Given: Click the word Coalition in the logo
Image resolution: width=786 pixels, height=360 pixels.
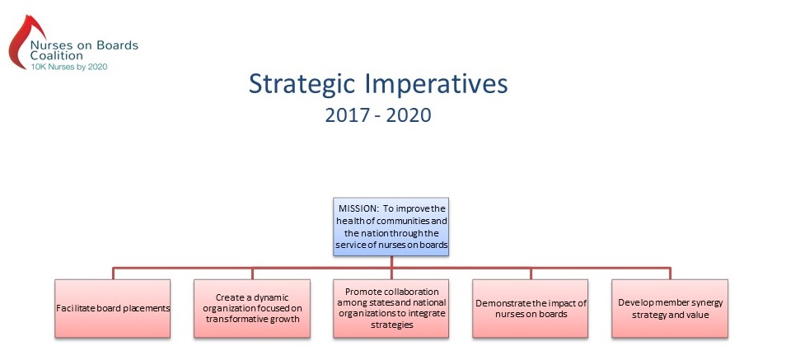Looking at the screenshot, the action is coord(57,56).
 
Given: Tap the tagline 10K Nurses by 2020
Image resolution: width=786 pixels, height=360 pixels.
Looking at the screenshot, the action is coord(69,66).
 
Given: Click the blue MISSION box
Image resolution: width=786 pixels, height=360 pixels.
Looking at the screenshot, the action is coord(391,227).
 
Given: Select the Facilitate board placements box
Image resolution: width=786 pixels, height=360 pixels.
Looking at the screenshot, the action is coord(112,308).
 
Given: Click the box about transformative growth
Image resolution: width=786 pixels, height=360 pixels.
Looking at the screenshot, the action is coord(252,308).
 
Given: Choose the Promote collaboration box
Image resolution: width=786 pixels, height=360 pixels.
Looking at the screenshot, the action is coord(391,308).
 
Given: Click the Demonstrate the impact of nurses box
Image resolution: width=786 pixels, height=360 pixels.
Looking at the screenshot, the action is coord(531,308).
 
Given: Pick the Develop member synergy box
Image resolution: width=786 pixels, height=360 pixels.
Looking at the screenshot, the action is coord(670,308).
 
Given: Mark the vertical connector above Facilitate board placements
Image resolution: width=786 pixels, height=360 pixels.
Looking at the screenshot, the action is coord(113,274).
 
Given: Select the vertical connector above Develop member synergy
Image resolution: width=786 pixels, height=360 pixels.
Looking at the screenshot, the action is coord(670,274).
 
